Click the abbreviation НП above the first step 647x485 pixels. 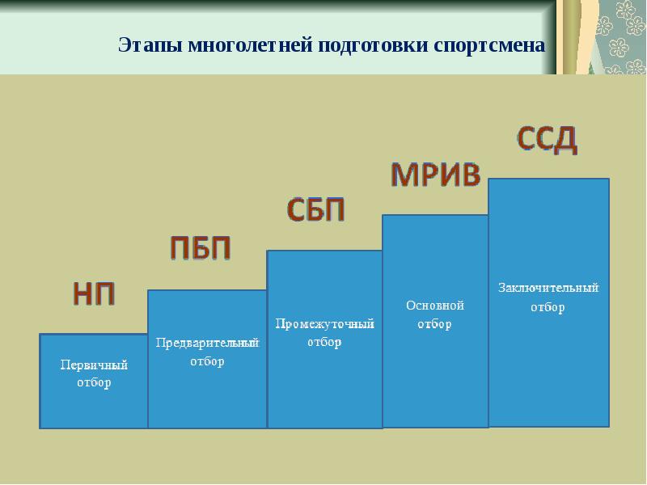tap(94, 294)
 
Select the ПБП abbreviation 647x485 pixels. tap(200, 248)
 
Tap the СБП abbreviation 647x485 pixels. tap(315, 210)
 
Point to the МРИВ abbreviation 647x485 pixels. tap(436, 175)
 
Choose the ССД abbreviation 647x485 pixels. tap(548, 139)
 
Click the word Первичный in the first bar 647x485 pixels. tap(94, 365)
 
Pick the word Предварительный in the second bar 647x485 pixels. tap(207, 343)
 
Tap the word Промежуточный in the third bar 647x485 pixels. tap(325, 324)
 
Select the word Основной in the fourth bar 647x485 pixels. tap(435, 306)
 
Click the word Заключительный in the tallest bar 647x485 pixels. tap(548, 288)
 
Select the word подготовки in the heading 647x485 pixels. tap(374, 45)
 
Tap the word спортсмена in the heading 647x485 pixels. tap(489, 45)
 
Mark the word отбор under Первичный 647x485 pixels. tap(94, 382)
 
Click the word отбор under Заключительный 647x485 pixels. tap(548, 307)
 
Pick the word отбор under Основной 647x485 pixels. tap(434, 324)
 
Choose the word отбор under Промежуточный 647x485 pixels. tap(324, 342)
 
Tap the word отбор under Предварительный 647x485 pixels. tap(207, 361)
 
